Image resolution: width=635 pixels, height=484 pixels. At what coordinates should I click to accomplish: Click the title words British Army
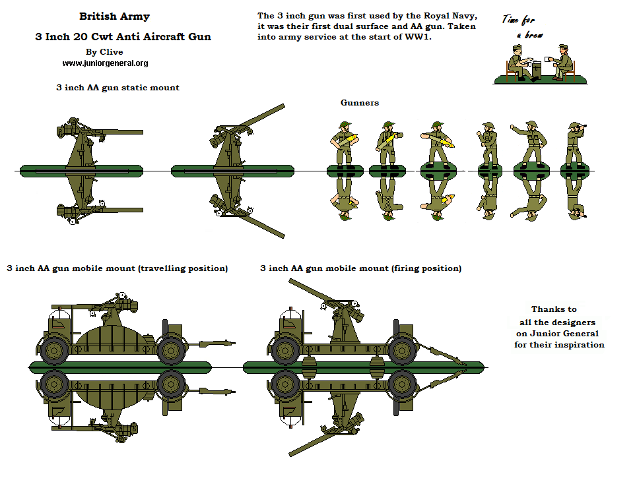pyautogui.click(x=114, y=16)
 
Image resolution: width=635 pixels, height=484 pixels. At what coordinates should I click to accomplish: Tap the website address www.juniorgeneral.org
pyautogui.click(x=105, y=63)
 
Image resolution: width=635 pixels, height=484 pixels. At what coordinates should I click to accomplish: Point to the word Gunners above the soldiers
pyautogui.click(x=360, y=103)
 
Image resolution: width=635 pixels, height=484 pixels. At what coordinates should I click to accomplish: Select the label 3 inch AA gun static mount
pyautogui.click(x=118, y=88)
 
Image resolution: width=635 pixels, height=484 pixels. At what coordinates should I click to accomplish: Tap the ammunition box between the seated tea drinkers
pyautogui.click(x=537, y=70)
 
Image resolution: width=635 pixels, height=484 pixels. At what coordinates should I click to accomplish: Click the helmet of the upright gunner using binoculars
pyautogui.click(x=573, y=126)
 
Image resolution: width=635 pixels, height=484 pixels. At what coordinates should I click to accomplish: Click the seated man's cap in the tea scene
pyautogui.click(x=563, y=47)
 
